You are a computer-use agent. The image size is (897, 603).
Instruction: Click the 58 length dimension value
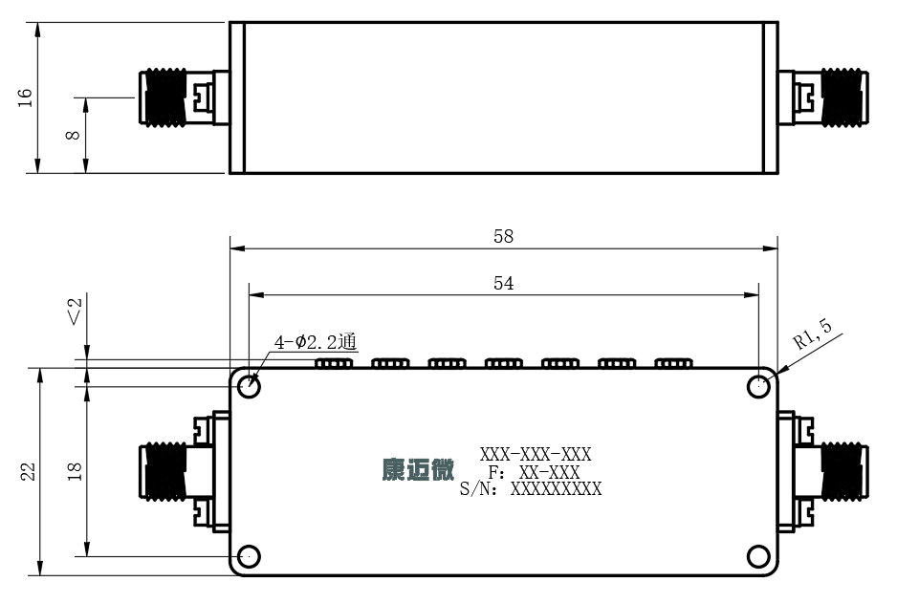(x=503, y=236)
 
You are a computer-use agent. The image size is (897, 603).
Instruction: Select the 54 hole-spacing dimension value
(x=503, y=283)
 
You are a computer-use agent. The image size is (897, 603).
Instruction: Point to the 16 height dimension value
(x=25, y=97)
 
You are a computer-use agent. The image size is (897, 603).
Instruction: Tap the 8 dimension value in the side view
(x=73, y=136)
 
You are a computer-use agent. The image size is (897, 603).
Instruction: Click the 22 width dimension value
(x=28, y=471)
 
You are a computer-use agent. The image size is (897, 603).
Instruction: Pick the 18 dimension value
(x=75, y=471)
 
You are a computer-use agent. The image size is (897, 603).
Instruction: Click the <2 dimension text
(x=75, y=312)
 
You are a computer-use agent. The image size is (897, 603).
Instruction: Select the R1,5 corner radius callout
(x=812, y=334)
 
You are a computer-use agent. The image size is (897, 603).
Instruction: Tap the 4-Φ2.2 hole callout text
(x=316, y=342)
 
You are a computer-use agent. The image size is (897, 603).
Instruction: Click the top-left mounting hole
(x=249, y=386)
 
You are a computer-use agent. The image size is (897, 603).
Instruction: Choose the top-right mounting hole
(x=758, y=386)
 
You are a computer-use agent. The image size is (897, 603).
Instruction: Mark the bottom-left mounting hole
(x=249, y=556)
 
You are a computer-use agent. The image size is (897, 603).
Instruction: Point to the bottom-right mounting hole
(x=758, y=556)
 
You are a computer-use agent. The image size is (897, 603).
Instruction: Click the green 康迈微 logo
(x=418, y=470)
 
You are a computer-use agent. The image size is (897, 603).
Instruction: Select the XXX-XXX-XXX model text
(x=536, y=454)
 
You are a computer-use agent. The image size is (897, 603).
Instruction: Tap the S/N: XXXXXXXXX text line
(x=531, y=489)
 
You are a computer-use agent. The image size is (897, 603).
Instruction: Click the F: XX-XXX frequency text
(x=534, y=472)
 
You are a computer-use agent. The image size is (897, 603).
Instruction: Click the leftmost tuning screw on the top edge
(x=334, y=363)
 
